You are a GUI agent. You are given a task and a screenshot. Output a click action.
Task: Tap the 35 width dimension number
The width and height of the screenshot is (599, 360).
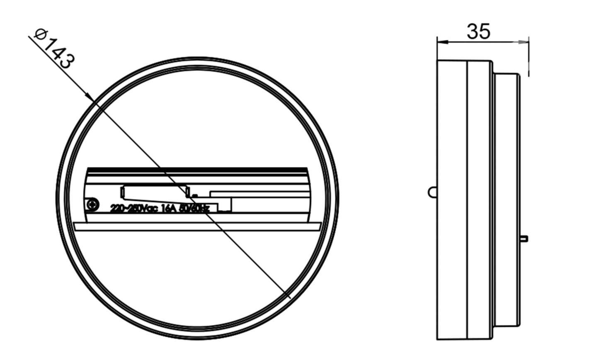[x=478, y=32]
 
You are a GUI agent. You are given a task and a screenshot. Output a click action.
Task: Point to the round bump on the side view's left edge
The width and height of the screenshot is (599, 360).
[x=432, y=192]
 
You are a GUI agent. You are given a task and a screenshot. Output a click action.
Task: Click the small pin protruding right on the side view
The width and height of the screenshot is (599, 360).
[x=524, y=238]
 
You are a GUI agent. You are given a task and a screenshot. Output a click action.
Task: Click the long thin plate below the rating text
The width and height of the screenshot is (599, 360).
[x=197, y=226]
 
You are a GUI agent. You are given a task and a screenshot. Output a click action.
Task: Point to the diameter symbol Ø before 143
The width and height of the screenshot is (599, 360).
[x=40, y=34]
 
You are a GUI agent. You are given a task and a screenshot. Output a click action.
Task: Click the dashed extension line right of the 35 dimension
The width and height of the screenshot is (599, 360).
[x=529, y=62]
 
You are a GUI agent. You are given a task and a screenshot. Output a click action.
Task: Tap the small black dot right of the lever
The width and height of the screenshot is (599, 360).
[x=195, y=195]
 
